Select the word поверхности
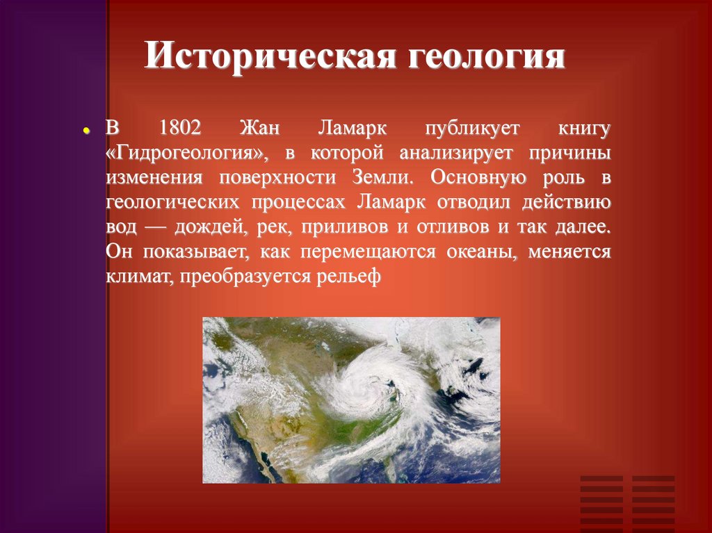273,177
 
